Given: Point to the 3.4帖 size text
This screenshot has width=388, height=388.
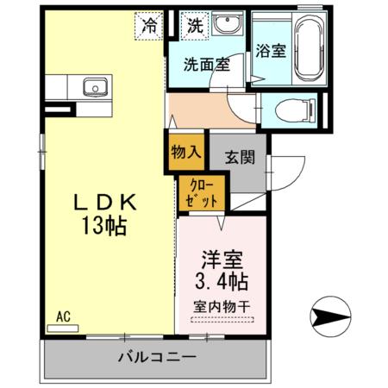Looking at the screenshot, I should pyautogui.click(x=222, y=281).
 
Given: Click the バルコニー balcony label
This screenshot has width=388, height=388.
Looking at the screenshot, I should pyautogui.click(x=157, y=356).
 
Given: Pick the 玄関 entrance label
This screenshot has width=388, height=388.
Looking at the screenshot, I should pyautogui.click(x=239, y=158).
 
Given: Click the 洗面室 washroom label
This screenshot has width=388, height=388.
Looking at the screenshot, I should pyautogui.click(x=205, y=63).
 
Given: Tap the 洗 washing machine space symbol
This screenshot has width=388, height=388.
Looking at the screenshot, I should pyautogui.click(x=196, y=25).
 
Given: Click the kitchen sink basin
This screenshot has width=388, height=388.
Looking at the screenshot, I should pyautogui.click(x=92, y=87).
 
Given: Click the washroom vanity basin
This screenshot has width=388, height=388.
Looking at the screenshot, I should pyautogui.click(x=228, y=26).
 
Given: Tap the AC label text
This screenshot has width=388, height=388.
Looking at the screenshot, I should pyautogui.click(x=63, y=316).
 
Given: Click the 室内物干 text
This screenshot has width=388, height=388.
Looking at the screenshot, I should pyautogui.click(x=222, y=305).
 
